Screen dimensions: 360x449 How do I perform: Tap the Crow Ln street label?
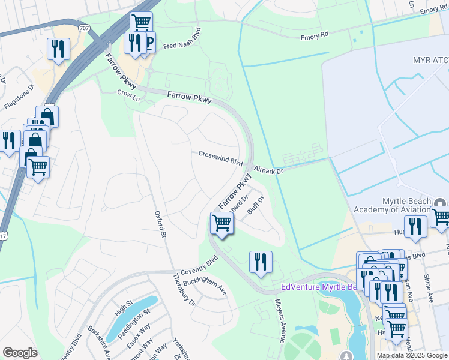click(125, 94)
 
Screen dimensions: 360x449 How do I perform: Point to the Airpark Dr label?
click(267, 170)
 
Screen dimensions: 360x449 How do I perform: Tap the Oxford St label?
click(160, 224)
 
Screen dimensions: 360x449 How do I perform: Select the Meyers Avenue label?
click(280, 321)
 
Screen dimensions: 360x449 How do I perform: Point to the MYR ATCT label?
click(430, 61)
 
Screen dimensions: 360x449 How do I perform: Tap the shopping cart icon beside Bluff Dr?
click(222, 223)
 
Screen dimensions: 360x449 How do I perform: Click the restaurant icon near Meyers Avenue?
click(261, 262)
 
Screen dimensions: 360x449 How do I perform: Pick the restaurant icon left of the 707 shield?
click(58, 49)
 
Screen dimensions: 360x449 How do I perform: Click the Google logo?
click(20, 353)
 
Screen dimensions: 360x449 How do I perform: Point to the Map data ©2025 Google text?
click(411, 355)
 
